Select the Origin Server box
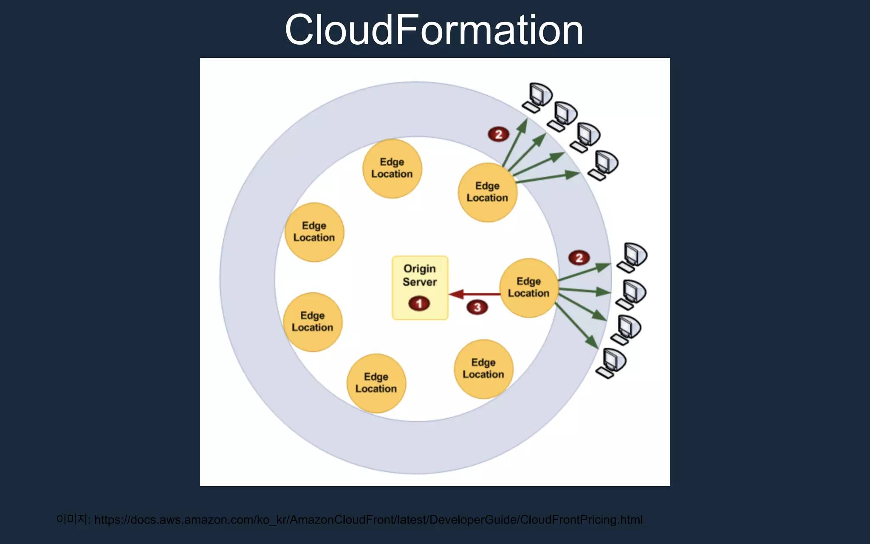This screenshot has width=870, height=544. coord(420,287)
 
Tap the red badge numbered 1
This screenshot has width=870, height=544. coord(419,303)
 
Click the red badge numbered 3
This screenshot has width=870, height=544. coord(477,307)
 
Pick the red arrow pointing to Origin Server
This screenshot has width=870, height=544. coord(474,294)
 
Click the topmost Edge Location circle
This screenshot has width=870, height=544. coord(392,168)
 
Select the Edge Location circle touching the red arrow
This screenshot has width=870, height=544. coord(528,287)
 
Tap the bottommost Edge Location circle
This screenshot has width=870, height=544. coord(376,383)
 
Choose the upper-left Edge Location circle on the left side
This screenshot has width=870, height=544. coord(314,232)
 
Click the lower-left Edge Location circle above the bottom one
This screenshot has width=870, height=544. coord(313,322)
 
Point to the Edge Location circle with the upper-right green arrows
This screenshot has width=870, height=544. coord(487,192)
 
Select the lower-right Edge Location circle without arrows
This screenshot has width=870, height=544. coord(483,368)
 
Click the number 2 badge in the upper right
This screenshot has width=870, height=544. coord(498,134)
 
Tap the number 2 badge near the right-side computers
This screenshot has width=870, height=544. coord(579,258)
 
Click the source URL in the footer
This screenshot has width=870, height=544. coord(368,520)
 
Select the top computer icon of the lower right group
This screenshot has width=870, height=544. coord(633,257)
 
